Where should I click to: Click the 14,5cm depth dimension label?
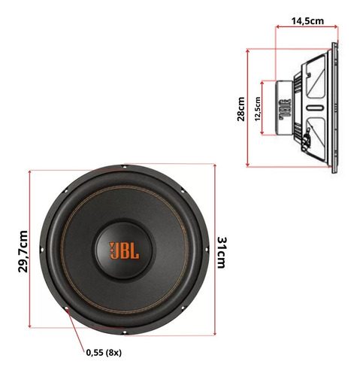pos(307,22)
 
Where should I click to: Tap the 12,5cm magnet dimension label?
pos(257,108)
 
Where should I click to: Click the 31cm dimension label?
pos(222,249)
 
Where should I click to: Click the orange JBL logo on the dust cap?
pos(125,249)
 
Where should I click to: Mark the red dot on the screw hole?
pos(67,310)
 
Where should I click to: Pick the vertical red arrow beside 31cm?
pos(213,249)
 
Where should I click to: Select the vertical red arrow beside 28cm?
pos(249,108)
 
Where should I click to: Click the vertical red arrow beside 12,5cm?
pos(262,108)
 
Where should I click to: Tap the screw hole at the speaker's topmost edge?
pos(126,168)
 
